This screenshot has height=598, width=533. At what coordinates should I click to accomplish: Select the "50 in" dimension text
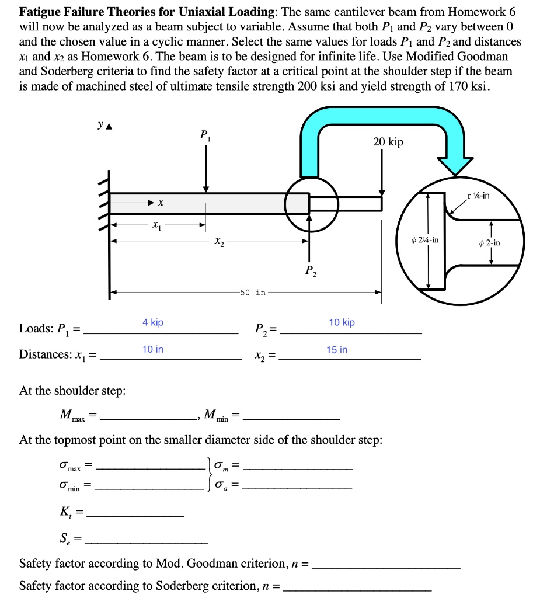[x=252, y=293]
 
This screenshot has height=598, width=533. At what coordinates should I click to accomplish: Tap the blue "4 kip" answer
[x=153, y=322]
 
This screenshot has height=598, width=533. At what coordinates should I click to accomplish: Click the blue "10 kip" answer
[x=342, y=322]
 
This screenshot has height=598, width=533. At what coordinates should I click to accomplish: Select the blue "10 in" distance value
[x=153, y=349]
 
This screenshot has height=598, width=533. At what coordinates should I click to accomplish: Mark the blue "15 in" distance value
[x=337, y=349]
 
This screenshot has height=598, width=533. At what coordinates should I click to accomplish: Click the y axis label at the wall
[x=102, y=125]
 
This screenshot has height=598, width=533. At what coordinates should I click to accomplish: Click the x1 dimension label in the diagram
[x=155, y=224]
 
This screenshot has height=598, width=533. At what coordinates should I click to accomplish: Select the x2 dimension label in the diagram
[x=218, y=240]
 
